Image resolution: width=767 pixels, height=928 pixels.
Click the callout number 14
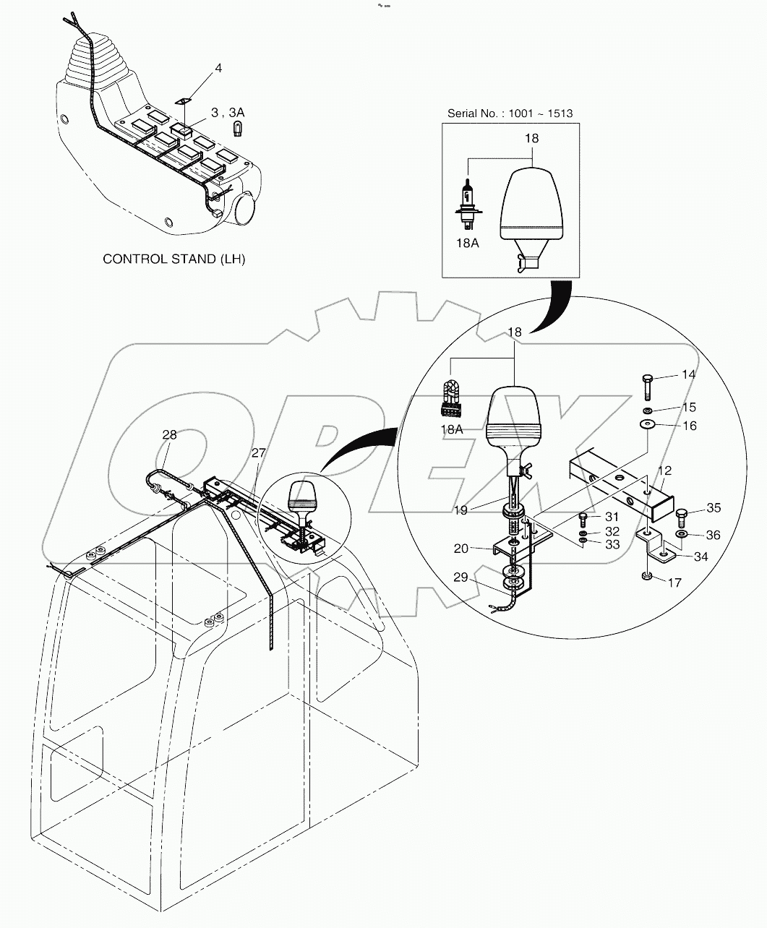point(688,374)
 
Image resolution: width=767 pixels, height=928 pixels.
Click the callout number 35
point(713,508)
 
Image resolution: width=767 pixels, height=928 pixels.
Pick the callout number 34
point(701,557)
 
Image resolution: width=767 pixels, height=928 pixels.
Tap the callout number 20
point(481,549)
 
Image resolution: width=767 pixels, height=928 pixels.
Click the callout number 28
point(169,435)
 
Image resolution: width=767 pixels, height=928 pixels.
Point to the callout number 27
point(259,452)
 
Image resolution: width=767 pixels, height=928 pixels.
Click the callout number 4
point(218,68)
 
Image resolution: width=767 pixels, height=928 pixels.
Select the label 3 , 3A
point(227,112)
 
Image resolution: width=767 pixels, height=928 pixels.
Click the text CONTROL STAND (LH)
point(174,258)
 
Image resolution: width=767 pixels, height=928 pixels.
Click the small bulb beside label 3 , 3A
point(235,129)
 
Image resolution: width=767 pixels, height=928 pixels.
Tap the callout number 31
point(612,517)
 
